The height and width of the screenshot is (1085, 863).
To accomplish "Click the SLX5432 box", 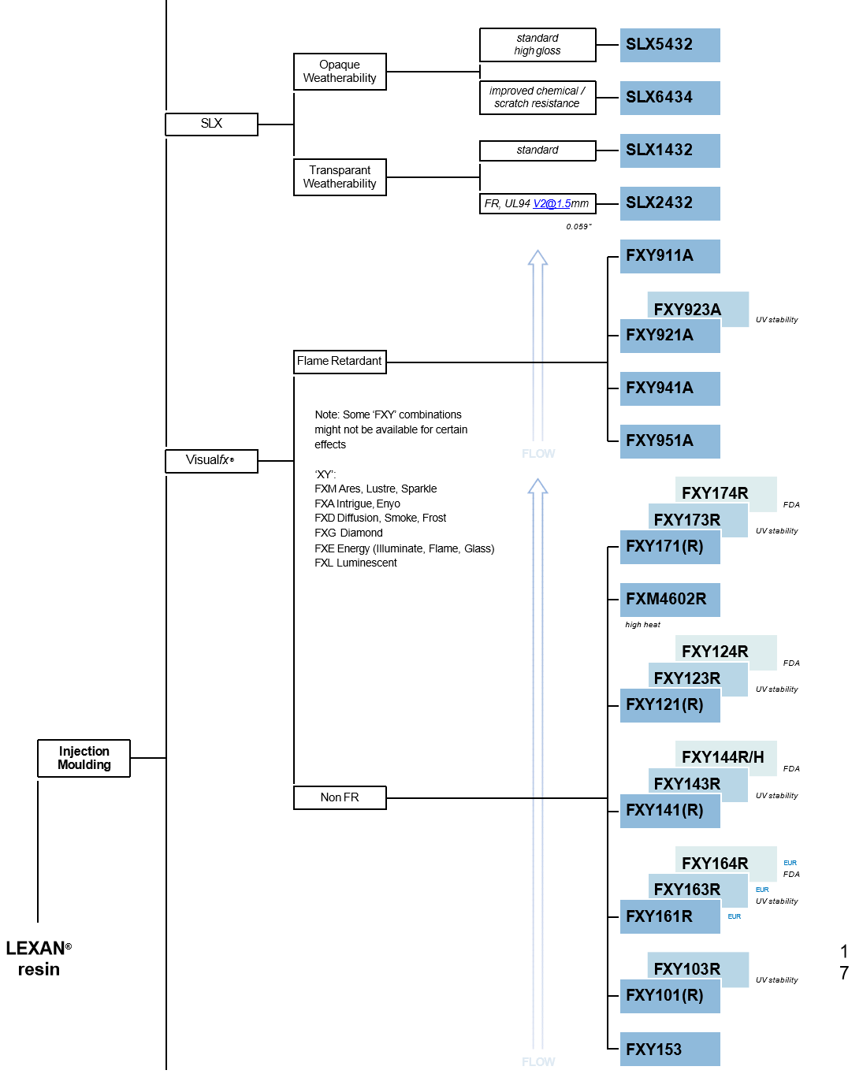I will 669,45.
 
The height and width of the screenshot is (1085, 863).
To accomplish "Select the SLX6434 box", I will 669,98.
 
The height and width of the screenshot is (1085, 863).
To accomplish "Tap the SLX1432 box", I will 669,150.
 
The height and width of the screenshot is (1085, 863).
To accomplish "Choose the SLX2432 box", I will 669,203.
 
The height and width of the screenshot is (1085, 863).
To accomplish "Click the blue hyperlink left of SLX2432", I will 552,204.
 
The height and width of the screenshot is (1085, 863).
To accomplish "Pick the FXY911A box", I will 669,256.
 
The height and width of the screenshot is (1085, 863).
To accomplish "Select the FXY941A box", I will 669,388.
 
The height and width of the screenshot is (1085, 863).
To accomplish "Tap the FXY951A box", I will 669,441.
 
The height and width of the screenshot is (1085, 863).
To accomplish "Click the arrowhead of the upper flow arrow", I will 538,258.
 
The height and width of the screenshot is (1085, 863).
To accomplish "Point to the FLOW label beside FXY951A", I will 538,454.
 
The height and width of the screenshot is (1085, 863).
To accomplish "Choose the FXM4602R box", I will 669,600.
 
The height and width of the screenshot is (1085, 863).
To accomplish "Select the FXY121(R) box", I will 669,705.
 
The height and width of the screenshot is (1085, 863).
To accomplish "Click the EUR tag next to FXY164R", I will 790,863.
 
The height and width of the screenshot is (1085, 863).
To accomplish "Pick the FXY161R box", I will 669,916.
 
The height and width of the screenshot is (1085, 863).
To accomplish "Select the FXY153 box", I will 669,1049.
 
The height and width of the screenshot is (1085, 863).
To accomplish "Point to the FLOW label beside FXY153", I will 538,1062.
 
